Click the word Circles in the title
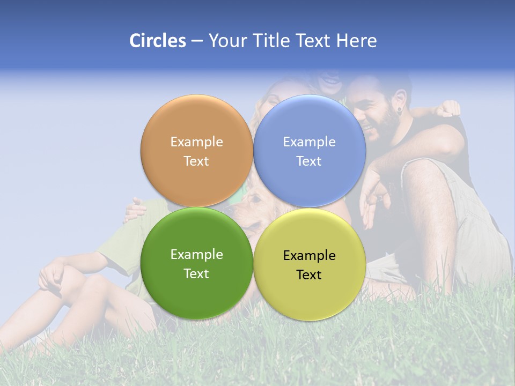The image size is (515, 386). tap(157, 41)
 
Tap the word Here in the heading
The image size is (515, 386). tap(356, 41)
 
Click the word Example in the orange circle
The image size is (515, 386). tap(196, 142)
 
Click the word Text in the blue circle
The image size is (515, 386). tap(309, 161)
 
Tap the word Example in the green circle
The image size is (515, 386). tap(196, 255)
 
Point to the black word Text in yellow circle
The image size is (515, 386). tap(309, 275)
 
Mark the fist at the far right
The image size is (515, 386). tap(447, 108)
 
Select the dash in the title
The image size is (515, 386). tap(197, 41)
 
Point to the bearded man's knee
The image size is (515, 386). tap(424, 172)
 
